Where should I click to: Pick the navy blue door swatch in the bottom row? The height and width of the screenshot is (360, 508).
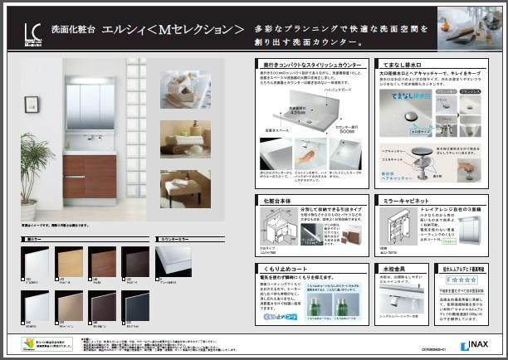click(x=100, y=300)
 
